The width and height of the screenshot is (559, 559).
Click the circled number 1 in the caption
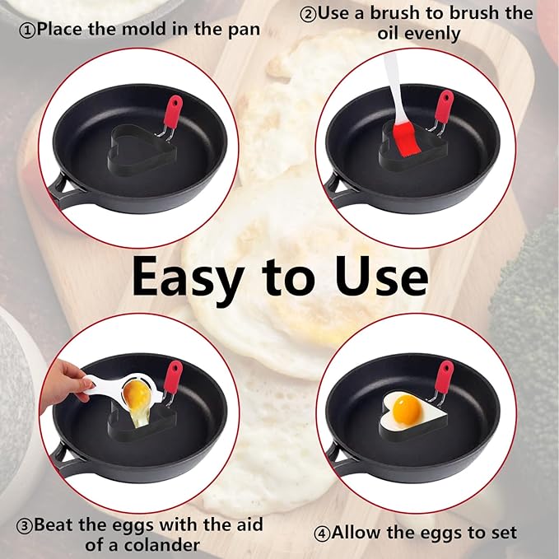27,30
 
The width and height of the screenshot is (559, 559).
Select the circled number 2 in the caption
307,14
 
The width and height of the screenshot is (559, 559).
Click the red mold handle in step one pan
173,112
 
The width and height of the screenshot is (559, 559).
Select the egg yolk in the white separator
137,398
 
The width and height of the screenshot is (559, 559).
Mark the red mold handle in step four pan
445,375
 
